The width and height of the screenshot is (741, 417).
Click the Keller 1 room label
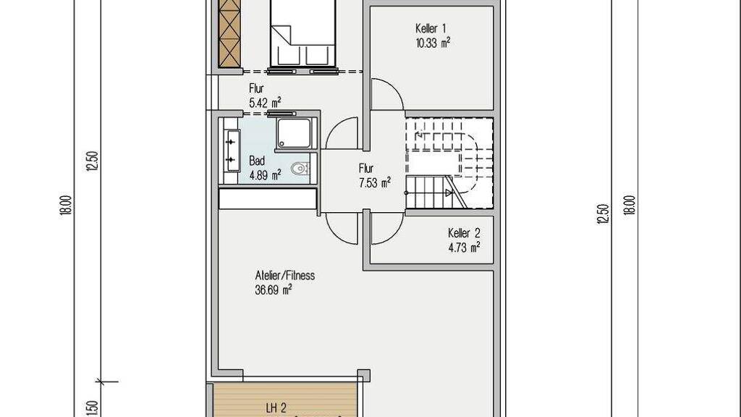(431, 28)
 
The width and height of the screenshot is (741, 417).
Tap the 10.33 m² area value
(433, 43)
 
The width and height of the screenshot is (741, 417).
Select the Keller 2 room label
(464, 233)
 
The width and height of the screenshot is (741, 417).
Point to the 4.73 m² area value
(464, 248)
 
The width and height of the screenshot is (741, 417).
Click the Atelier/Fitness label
(285, 275)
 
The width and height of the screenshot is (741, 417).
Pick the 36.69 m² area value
(273, 290)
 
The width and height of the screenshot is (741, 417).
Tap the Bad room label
(257, 161)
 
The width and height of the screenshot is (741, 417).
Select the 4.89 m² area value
(265, 175)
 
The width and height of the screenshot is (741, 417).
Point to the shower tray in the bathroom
(294, 133)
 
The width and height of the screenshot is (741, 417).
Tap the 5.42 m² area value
(265, 103)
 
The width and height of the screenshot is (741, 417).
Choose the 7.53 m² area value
(375, 182)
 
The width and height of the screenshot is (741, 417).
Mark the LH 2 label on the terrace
(276, 408)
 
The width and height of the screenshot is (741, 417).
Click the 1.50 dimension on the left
(92, 408)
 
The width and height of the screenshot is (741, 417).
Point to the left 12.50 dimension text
(92, 161)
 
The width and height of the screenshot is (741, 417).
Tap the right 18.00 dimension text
(630, 206)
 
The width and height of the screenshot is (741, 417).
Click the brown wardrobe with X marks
(231, 33)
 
